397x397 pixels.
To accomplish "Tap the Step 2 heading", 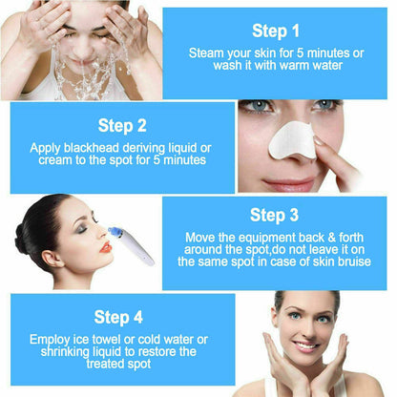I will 121,125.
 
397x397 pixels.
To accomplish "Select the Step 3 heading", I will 275,216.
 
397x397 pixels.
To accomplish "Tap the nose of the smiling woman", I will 302,342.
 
